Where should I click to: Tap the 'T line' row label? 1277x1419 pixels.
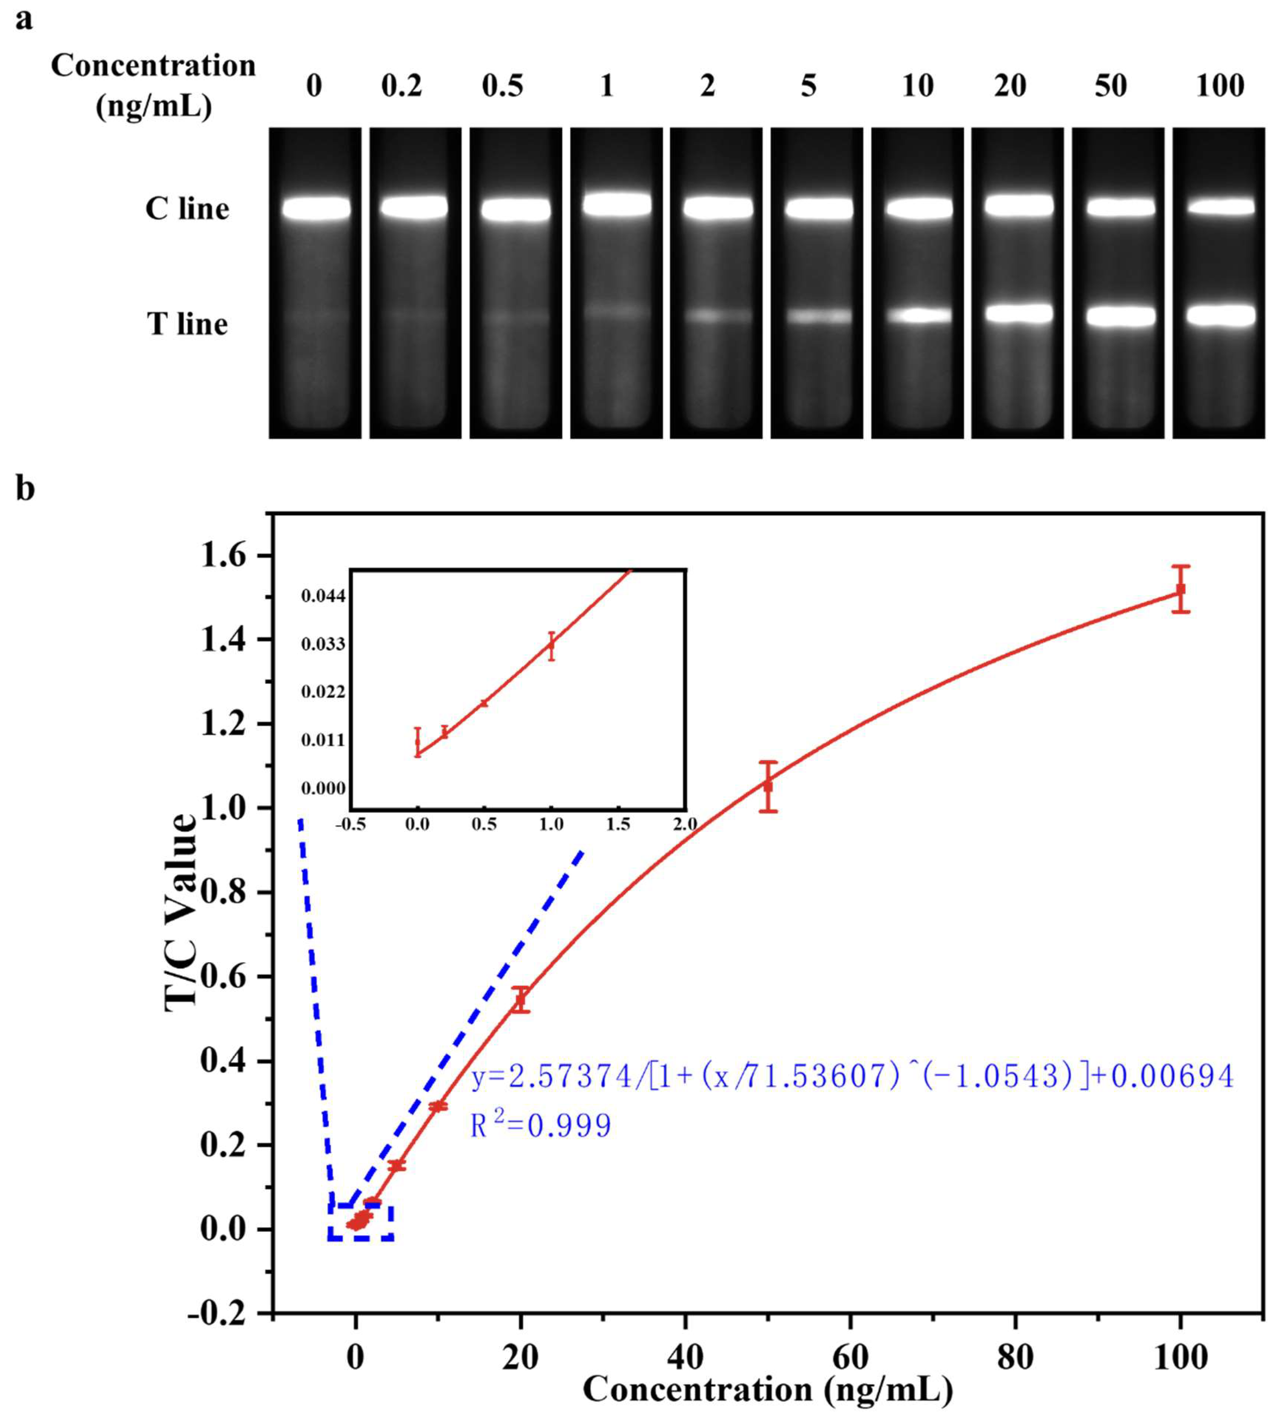187,324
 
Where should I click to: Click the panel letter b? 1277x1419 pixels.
25,489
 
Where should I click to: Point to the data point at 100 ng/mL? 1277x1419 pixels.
1181,589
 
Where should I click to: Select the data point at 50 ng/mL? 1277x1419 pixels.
768,786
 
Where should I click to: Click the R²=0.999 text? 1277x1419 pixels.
540,1126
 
